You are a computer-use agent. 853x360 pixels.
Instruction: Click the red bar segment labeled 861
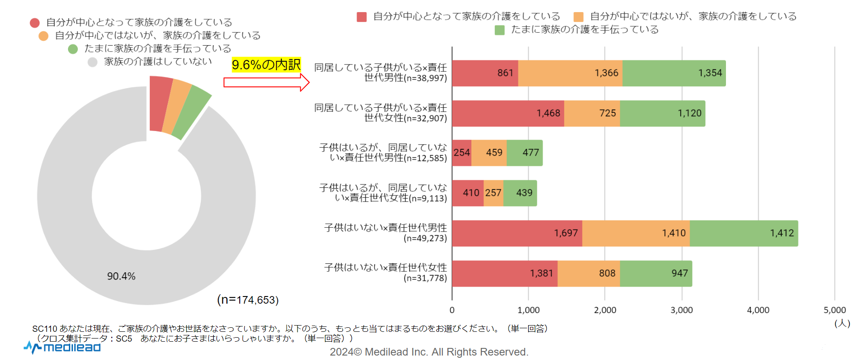[485, 73]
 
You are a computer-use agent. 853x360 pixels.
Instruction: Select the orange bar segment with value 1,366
[570, 73]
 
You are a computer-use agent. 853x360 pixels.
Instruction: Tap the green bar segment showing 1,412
[743, 233]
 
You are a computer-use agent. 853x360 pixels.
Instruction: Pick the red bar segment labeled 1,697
[517, 233]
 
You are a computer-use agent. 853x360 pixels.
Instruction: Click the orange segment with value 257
[493, 193]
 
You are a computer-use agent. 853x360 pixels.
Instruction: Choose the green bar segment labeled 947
[656, 273]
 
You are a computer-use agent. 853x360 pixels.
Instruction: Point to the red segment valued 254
[462, 153]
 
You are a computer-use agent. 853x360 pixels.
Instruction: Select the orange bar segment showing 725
[592, 114]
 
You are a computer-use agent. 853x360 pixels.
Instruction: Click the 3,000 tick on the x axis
[681, 310]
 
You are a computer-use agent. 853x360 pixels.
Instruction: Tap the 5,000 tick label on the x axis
[834, 310]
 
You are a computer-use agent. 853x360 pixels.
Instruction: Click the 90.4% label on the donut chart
[121, 276]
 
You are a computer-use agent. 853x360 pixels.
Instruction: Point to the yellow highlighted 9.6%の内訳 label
[266, 65]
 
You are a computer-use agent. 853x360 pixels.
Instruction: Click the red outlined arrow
[266, 82]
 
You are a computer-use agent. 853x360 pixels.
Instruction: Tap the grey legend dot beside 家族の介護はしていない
[93, 62]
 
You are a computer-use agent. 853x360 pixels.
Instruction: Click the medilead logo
[62, 347]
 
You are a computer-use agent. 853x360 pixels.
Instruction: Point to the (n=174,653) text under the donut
[248, 300]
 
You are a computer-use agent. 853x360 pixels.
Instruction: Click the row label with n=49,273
[385, 233]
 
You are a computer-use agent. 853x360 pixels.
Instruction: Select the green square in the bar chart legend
[500, 30]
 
